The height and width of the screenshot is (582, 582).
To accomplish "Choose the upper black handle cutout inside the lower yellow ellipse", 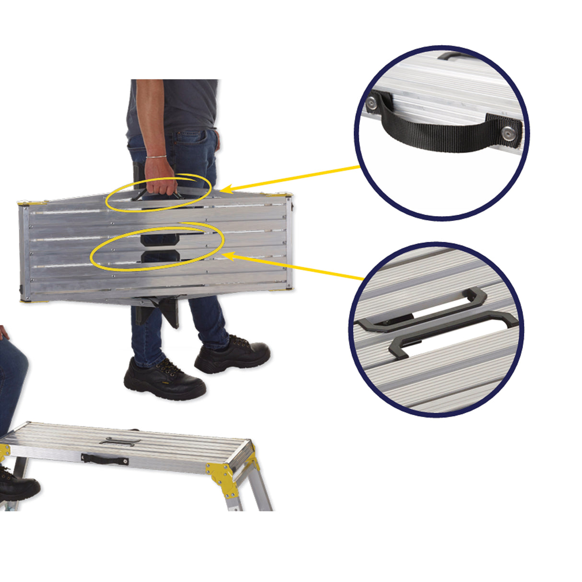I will pyautogui.click(x=160, y=238).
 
